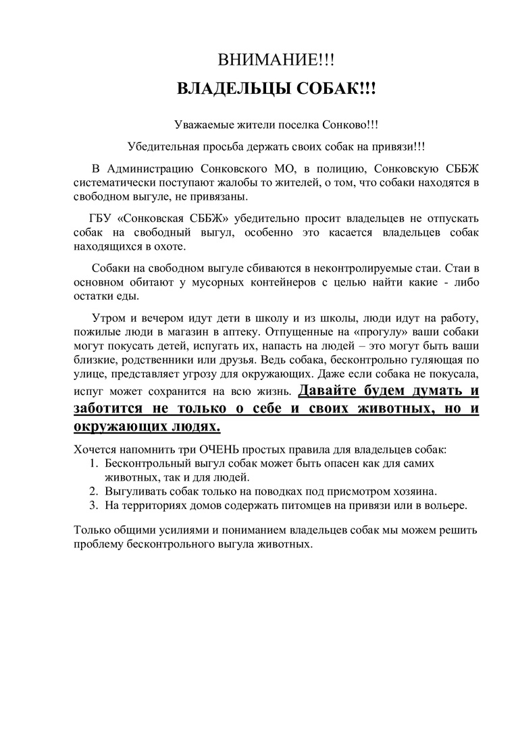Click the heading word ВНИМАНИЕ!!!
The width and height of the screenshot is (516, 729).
[x=276, y=61]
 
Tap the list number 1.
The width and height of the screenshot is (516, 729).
[x=94, y=464]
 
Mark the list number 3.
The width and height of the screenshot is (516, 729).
[x=94, y=505]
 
